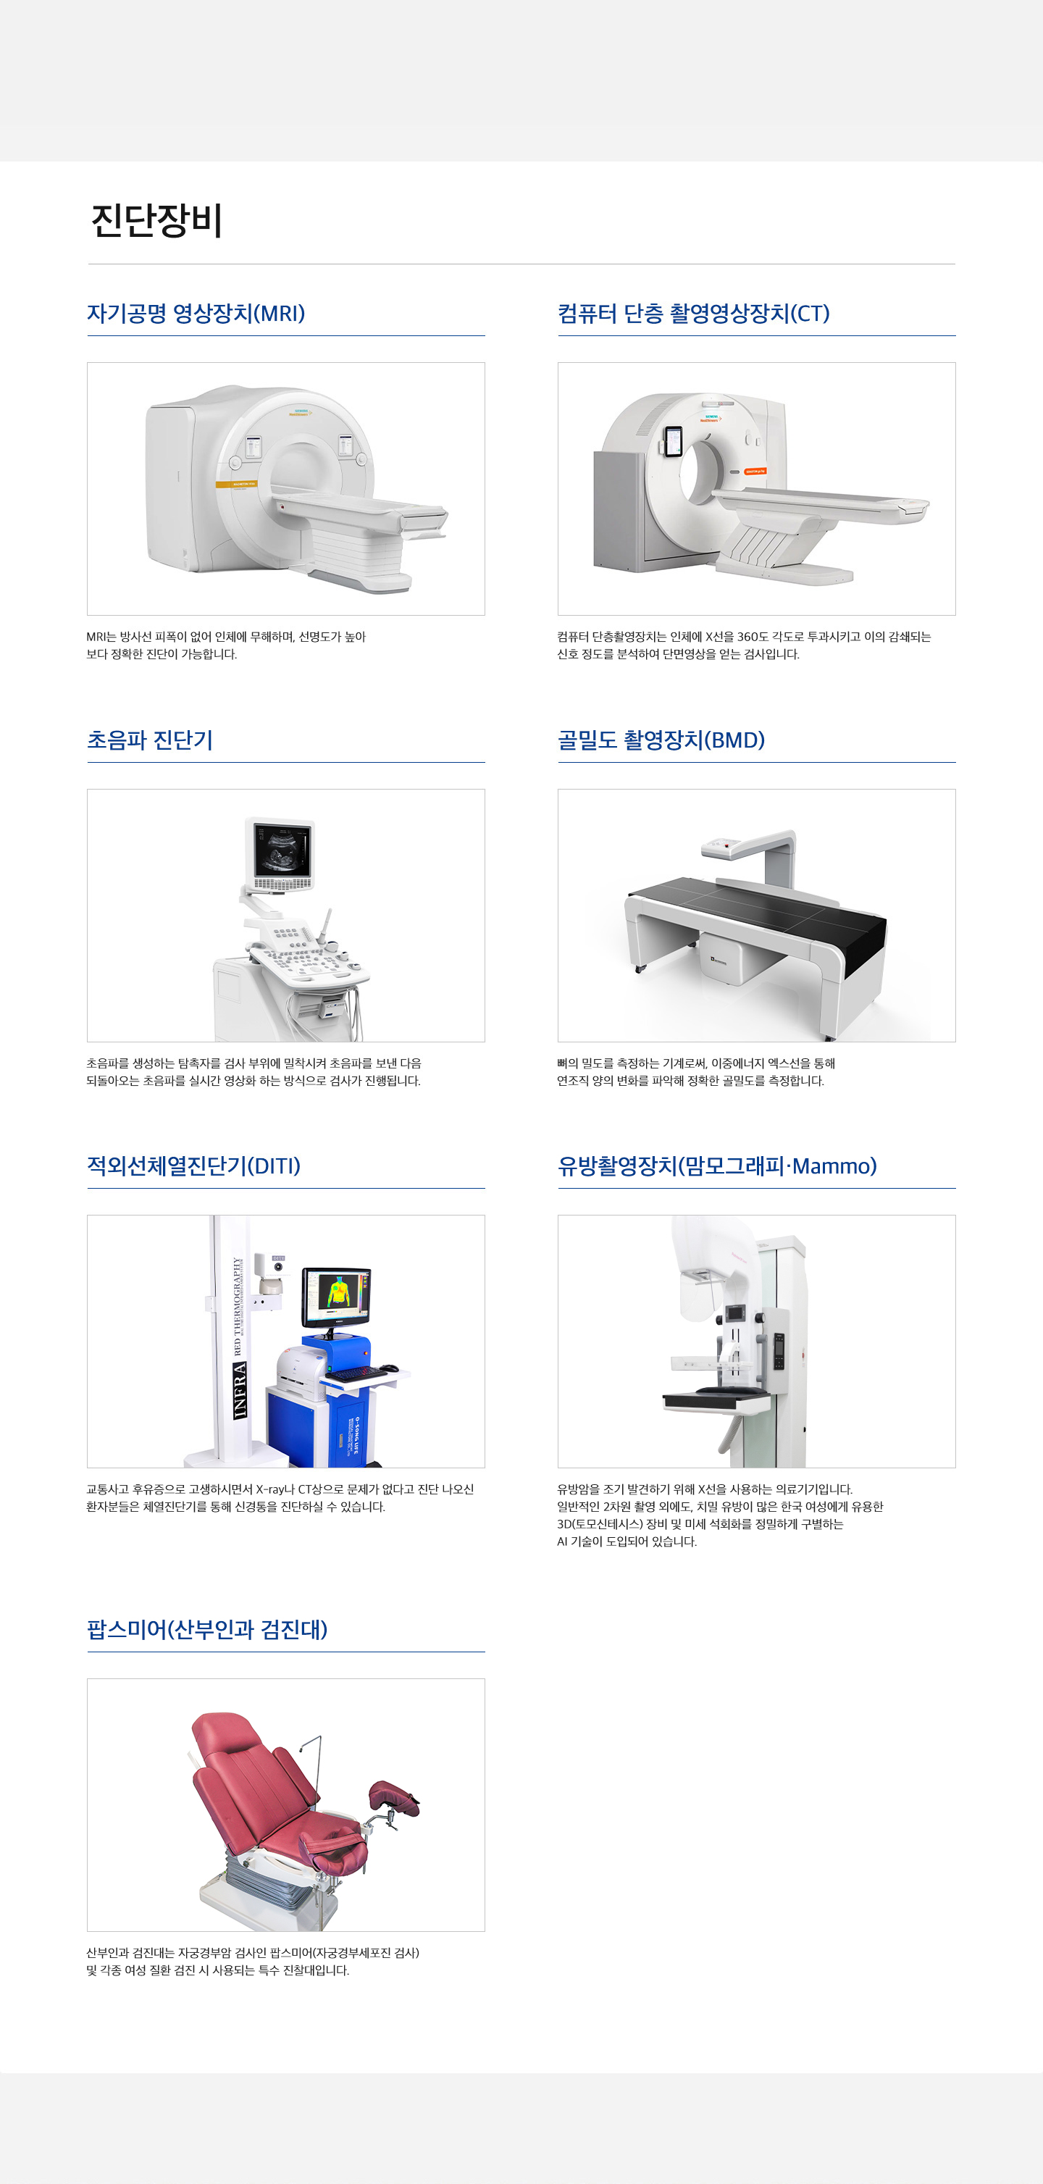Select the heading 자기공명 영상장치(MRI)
click(x=196, y=314)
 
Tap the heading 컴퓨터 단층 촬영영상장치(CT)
click(x=694, y=314)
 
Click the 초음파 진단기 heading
click(x=150, y=740)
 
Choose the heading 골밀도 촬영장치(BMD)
click(x=661, y=740)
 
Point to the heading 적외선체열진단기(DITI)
click(x=193, y=1166)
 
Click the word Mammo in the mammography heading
click(x=834, y=1166)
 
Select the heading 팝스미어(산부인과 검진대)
click(x=207, y=1630)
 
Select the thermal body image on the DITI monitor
click(x=338, y=1292)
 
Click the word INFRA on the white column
click(x=240, y=1389)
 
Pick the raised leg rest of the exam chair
click(x=393, y=1797)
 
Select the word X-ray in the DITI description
click(x=272, y=1489)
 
